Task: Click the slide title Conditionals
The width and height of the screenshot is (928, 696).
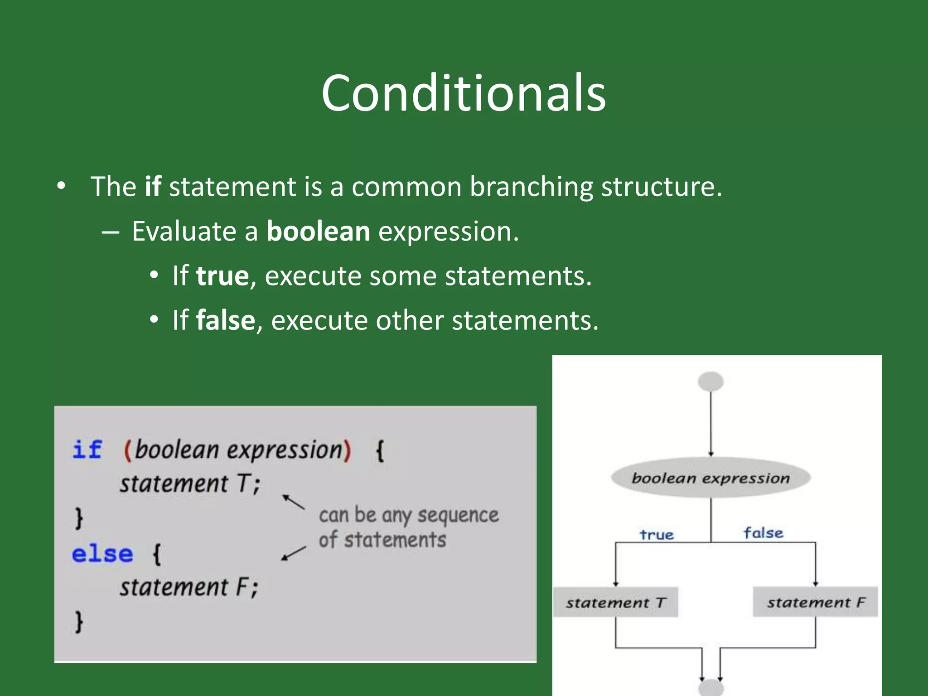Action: point(463,93)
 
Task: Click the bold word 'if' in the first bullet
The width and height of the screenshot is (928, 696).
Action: point(153,186)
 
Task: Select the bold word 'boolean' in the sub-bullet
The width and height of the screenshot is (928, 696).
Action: point(318,231)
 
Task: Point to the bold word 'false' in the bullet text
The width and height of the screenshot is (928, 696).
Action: point(226,320)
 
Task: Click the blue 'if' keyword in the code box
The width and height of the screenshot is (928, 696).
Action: point(87,450)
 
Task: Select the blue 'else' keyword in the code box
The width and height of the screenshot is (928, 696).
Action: point(102,554)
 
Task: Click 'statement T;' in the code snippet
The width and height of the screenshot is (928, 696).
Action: point(190,483)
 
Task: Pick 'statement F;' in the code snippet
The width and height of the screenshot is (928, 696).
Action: point(188,587)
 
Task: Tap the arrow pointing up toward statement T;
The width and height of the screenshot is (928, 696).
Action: point(293,502)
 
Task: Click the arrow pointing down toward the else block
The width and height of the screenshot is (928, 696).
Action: point(293,553)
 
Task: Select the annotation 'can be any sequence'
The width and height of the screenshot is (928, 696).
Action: point(408,515)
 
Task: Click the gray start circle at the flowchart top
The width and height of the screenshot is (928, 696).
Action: point(710,382)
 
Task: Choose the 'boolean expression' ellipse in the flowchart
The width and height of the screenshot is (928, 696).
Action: point(710,478)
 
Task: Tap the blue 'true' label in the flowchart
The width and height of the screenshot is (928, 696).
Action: point(657,535)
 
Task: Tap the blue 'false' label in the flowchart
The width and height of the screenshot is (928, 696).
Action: point(764,533)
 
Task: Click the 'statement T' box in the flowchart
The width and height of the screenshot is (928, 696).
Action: point(616,603)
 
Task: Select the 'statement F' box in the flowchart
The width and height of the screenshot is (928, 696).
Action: point(815,602)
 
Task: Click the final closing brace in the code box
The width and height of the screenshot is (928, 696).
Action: point(79,621)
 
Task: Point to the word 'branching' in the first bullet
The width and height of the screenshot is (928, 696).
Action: point(531,186)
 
